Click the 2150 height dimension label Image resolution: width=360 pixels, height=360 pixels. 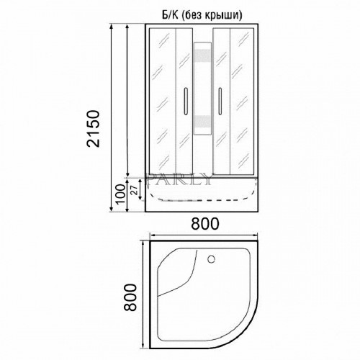(93, 129)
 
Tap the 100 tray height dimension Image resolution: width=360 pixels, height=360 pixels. (121, 194)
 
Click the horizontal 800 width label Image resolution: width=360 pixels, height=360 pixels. (205, 224)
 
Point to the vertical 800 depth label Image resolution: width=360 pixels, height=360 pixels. (130, 297)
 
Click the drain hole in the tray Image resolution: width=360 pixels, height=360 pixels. (212, 259)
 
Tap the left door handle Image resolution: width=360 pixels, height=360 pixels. (185, 101)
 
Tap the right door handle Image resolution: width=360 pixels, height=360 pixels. (220, 101)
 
